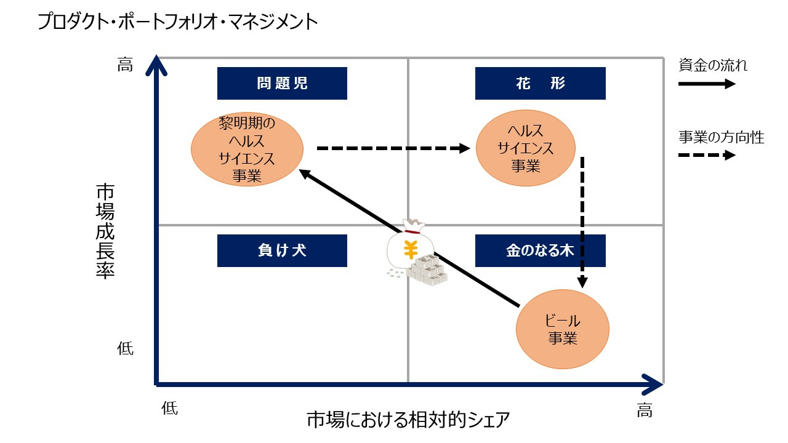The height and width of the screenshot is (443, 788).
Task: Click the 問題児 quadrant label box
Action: [x=282, y=83]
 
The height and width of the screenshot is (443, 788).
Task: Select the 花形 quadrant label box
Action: [x=541, y=83]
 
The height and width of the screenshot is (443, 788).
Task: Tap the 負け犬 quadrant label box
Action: [x=282, y=250]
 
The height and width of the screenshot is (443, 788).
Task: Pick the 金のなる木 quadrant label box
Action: [x=541, y=250]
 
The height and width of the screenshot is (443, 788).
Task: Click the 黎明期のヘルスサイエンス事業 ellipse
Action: [x=247, y=149]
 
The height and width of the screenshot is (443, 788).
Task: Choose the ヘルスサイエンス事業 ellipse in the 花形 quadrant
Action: [x=526, y=148]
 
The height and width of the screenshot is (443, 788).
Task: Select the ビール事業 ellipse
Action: [x=563, y=329]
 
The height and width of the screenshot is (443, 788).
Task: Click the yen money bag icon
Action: [x=410, y=246]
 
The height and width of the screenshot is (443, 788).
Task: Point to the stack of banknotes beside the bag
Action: [x=427, y=270]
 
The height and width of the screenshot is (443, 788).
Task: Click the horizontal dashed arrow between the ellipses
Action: [x=393, y=148]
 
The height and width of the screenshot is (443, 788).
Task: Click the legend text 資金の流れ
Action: [x=713, y=65]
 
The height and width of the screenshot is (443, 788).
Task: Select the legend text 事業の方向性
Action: [x=721, y=137]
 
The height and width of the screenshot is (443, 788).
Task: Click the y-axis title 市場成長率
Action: [x=105, y=231]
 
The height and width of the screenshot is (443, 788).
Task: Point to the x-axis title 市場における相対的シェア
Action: [x=408, y=420]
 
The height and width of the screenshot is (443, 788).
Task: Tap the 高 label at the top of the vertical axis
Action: [x=125, y=65]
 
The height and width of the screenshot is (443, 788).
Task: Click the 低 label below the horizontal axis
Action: [x=169, y=408]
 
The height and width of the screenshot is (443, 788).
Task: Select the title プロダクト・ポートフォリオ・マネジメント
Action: [x=178, y=22]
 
